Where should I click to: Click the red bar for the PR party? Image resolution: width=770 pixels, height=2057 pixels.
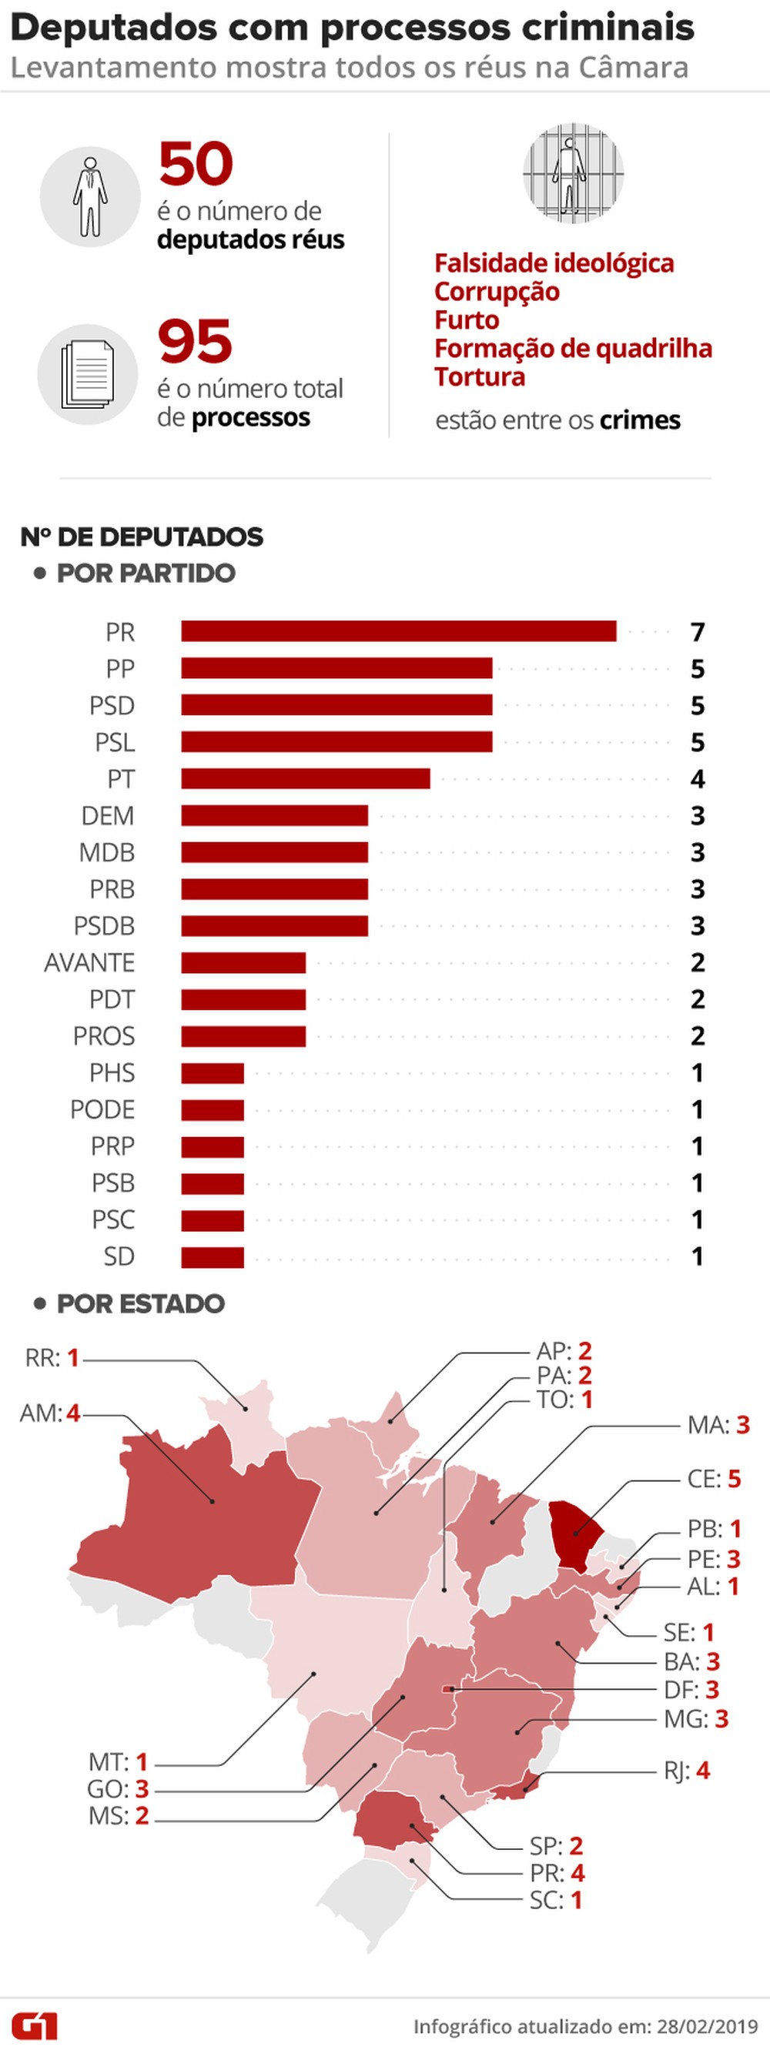pyautogui.click(x=399, y=630)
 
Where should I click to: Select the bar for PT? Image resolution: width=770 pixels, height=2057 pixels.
pyautogui.click(x=305, y=778)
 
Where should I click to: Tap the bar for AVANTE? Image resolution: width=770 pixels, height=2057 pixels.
pyautogui.click(x=243, y=962)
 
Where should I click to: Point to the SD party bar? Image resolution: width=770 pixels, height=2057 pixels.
pyautogui.click(x=213, y=1257)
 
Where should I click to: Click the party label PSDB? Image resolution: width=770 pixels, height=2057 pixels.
pyautogui.click(x=104, y=925)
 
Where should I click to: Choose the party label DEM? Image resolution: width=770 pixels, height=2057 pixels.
pyautogui.click(x=107, y=815)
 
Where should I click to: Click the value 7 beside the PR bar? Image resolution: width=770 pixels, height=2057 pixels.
pyautogui.click(x=698, y=631)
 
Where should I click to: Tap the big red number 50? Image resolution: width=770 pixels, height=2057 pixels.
pyautogui.click(x=196, y=165)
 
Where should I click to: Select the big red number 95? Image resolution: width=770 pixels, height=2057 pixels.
pyautogui.click(x=195, y=342)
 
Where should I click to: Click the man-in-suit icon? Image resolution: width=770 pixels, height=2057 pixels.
pyautogui.click(x=90, y=196)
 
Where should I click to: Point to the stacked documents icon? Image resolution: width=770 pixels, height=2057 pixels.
pyautogui.click(x=88, y=373)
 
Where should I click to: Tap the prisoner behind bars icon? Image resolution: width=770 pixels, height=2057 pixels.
pyautogui.click(x=573, y=172)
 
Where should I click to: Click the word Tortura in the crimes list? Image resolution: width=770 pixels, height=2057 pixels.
pyautogui.click(x=479, y=376)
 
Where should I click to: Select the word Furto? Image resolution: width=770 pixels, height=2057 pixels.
pyautogui.click(x=467, y=319)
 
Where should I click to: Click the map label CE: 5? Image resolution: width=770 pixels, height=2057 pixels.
pyautogui.click(x=713, y=1478)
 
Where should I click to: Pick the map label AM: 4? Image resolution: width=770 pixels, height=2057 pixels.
pyautogui.click(x=49, y=1413)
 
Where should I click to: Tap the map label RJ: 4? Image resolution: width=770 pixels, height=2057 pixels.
pyautogui.click(x=686, y=1770)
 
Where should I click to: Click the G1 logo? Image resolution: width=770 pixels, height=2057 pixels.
pyautogui.click(x=35, y=2026)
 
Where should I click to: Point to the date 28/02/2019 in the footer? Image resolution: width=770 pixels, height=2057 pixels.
pyautogui.click(x=707, y=2026)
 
